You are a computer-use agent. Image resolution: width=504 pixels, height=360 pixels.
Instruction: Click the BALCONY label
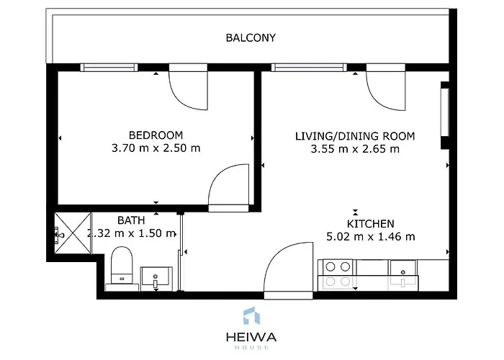click(251, 38)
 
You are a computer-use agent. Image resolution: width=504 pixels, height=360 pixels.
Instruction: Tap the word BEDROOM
click(156, 135)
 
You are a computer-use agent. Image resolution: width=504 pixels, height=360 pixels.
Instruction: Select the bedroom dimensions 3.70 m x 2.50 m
click(156, 148)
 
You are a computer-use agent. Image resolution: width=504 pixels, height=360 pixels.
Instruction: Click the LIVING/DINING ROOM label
click(355, 136)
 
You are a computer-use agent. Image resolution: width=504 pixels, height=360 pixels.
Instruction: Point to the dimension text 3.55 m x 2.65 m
click(355, 149)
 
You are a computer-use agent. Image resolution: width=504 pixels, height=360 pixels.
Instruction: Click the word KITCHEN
click(370, 224)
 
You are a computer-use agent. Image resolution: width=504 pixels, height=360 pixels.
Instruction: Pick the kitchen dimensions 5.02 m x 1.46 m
click(370, 237)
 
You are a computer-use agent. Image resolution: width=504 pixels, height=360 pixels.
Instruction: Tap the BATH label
click(131, 220)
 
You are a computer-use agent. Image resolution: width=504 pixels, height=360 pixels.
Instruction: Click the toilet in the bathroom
click(122, 266)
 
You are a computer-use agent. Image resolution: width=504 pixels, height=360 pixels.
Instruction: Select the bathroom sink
click(156, 276)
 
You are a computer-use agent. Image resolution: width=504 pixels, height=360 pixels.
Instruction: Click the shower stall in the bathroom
click(73, 233)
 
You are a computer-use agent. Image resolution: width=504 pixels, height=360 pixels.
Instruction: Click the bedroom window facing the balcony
click(109, 68)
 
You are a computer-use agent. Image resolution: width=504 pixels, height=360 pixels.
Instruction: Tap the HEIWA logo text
click(251, 337)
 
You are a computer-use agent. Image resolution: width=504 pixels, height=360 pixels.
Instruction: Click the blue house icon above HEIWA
click(252, 315)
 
